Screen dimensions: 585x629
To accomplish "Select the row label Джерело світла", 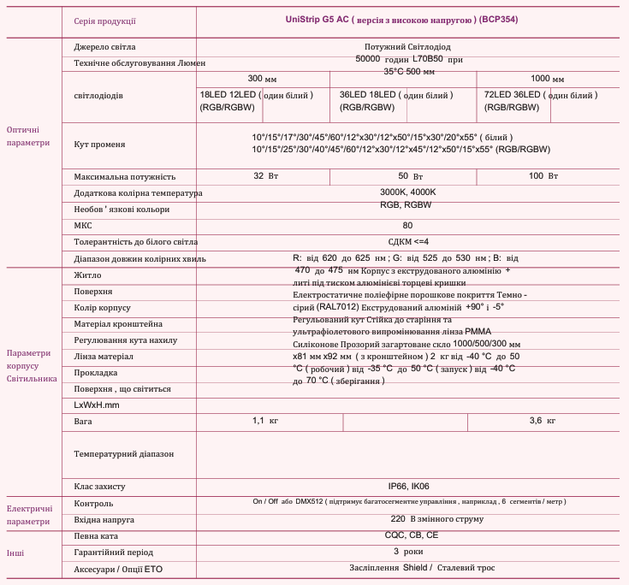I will point(105,46).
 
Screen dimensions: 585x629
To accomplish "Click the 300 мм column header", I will point(262,78).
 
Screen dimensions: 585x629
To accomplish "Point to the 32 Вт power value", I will point(265,175).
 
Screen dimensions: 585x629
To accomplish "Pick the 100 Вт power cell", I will point(543,175).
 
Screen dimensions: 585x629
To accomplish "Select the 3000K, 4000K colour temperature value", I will point(407,192).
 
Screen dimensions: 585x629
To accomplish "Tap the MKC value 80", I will point(407,226).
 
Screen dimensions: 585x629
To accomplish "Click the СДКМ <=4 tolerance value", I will point(407,242).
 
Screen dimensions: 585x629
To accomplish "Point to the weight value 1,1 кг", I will point(265,421).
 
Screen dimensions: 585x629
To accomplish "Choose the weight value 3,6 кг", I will point(543,421).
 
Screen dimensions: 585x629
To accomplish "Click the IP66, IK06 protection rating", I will point(408,486).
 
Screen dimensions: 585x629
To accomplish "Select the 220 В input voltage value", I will point(407,518).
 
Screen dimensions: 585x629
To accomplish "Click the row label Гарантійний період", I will point(114,552).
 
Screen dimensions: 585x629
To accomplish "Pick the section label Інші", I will point(15,552).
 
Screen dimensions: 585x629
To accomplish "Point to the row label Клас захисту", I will point(100,487).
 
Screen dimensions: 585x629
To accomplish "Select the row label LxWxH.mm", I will point(97,405).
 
